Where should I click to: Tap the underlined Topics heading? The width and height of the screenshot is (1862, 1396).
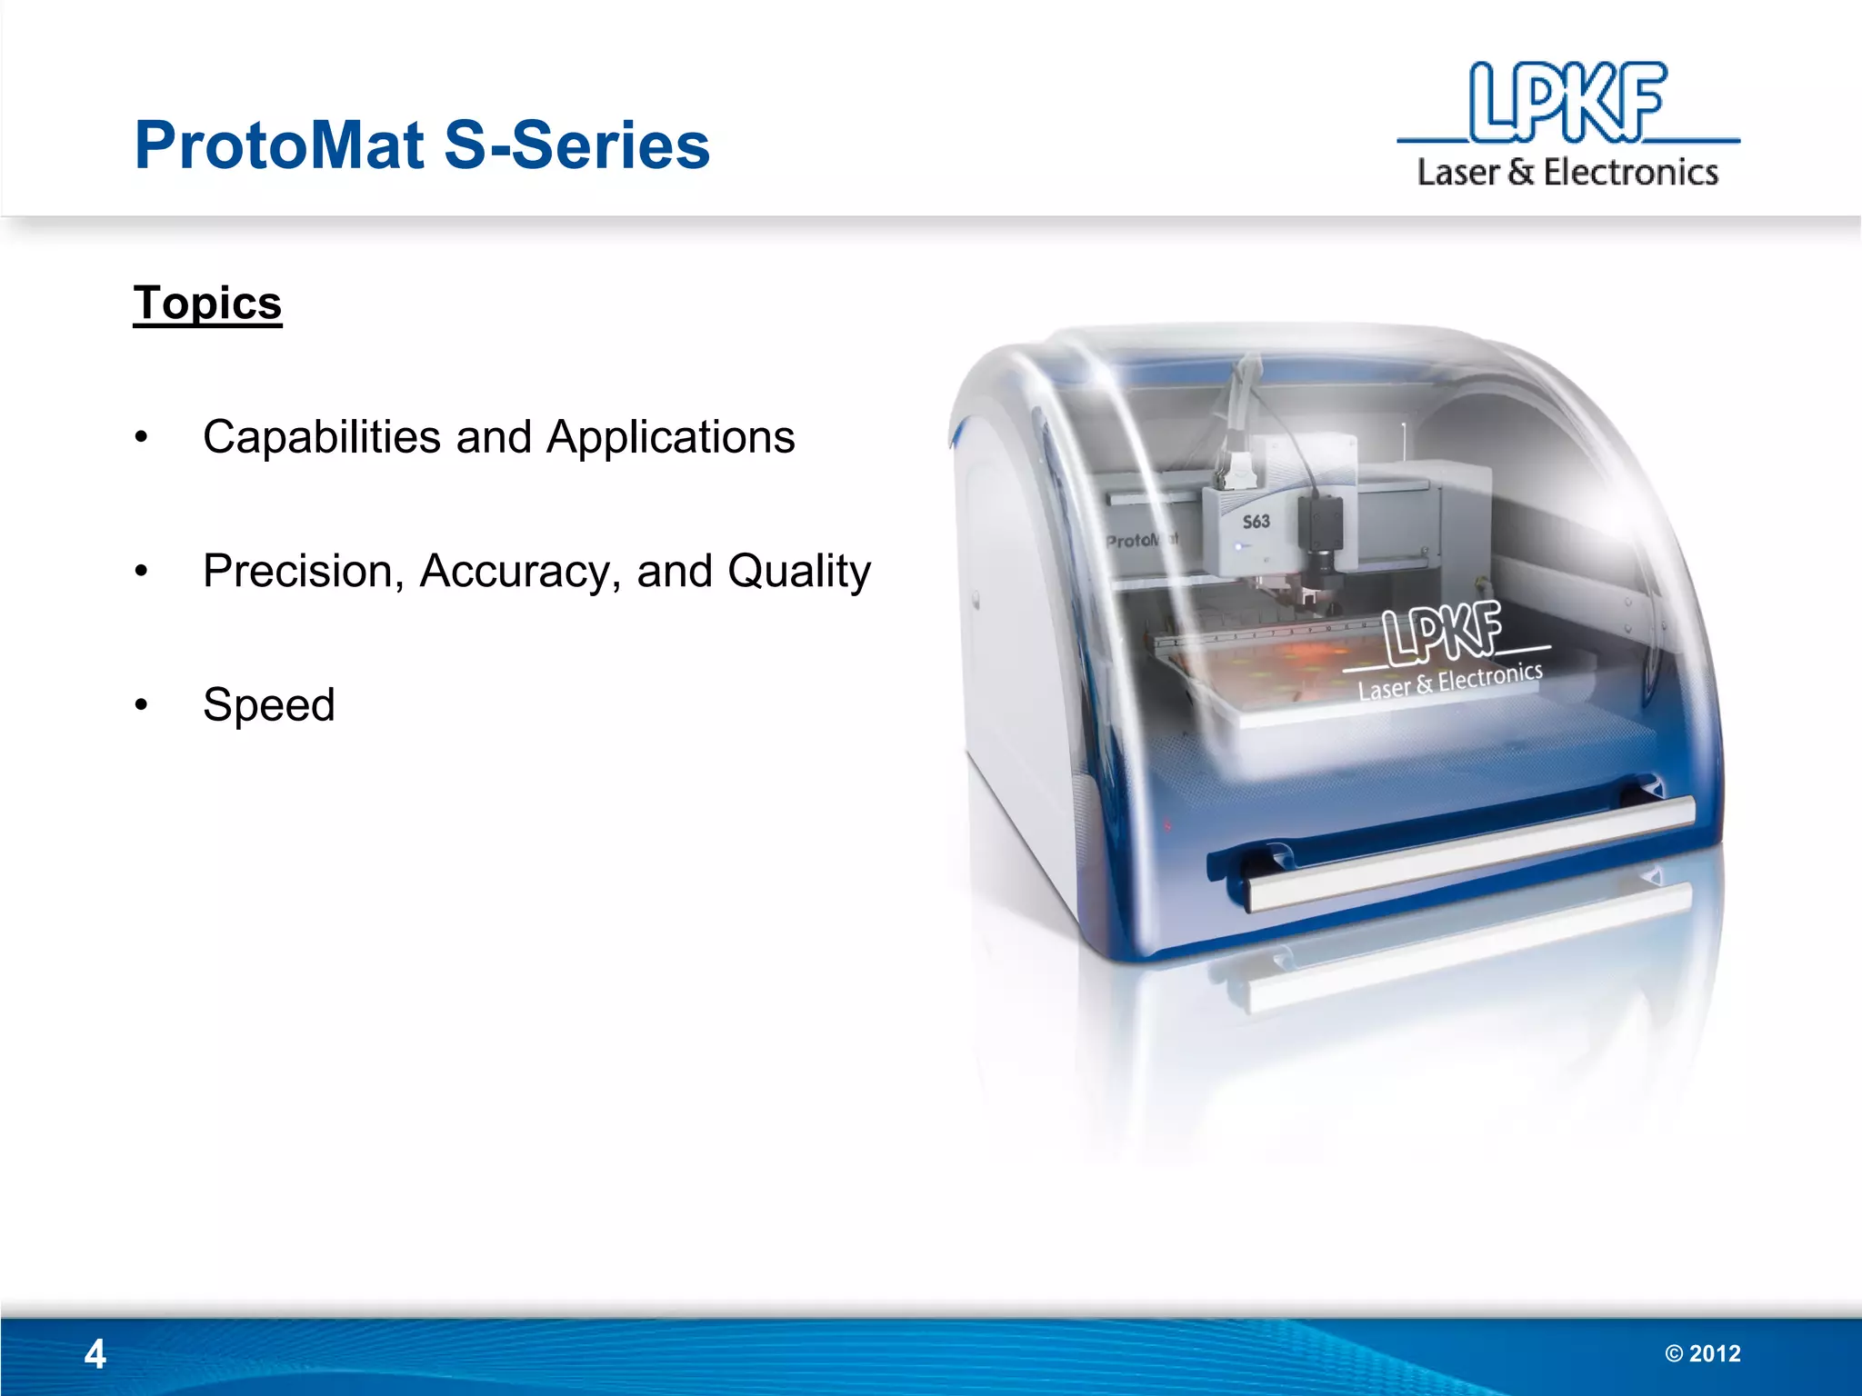(207, 303)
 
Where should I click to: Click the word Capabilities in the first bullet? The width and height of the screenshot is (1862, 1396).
(322, 437)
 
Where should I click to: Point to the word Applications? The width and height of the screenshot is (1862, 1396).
(671, 437)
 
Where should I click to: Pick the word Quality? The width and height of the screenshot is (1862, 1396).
(799, 572)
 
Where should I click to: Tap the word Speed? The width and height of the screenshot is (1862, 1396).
(269, 705)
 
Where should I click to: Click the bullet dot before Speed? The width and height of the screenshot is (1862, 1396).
(141, 705)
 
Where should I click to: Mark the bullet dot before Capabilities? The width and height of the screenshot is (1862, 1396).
(141, 437)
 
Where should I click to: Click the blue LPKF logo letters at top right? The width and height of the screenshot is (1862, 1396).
(1567, 102)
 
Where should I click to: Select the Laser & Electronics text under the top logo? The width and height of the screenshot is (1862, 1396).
(1567, 172)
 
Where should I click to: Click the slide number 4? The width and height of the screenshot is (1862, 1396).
(95, 1354)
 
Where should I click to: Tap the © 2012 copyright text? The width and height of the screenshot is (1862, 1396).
(1703, 1354)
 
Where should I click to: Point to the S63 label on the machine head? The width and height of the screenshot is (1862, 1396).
(1256, 522)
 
